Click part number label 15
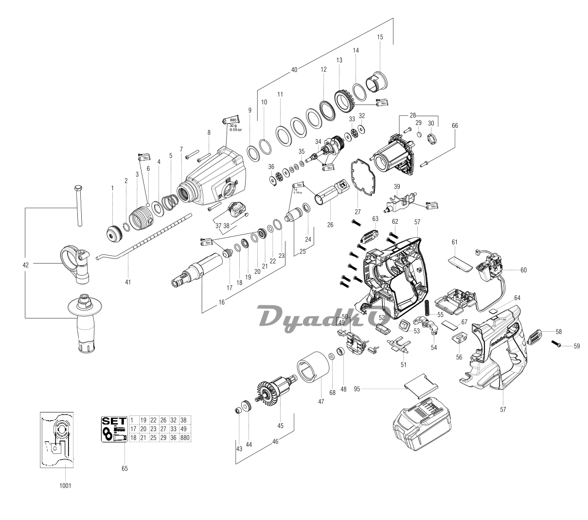[380, 37]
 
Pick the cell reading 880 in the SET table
[184, 437]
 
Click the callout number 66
[455, 125]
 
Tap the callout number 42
[25, 265]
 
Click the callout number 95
[357, 389]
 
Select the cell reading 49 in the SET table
[184, 429]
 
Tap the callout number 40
[294, 70]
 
